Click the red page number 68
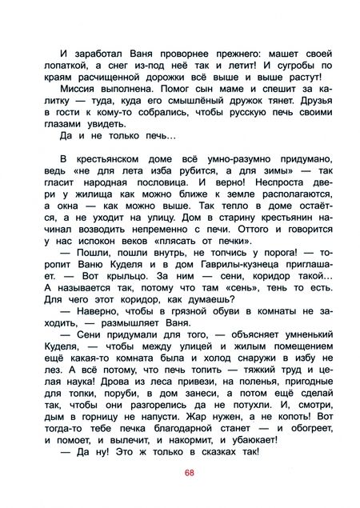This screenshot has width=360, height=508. pos(189,471)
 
